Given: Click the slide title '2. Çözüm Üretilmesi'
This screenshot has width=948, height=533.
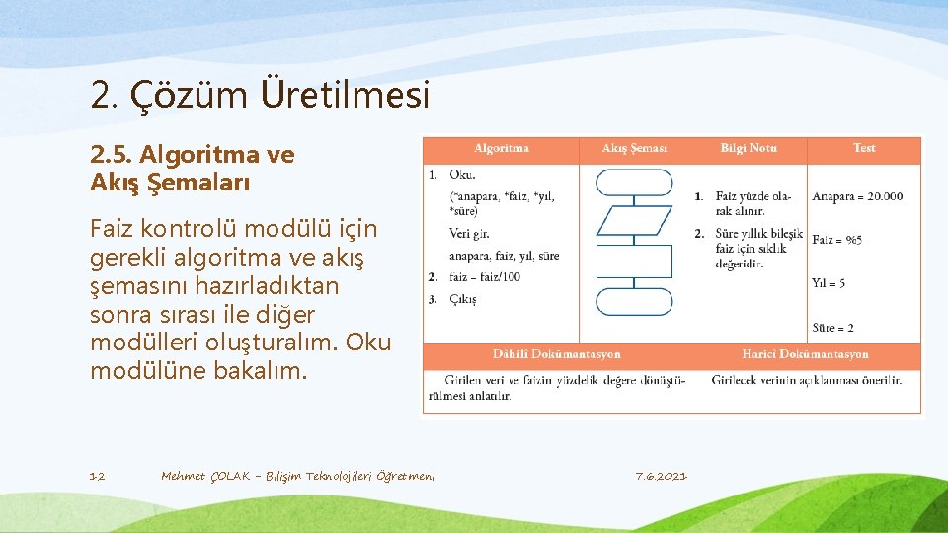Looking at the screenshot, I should click(260, 96).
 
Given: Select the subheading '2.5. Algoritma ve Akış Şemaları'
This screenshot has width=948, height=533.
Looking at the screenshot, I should click(192, 168).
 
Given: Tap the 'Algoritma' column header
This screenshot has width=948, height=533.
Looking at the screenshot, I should click(502, 148).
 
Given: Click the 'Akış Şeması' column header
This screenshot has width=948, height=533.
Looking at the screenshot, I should click(634, 148).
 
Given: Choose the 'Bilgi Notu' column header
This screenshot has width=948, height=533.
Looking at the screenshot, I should click(749, 148).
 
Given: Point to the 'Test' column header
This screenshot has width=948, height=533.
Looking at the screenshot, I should click(864, 148).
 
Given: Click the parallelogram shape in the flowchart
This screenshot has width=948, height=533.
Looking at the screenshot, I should click(634, 220).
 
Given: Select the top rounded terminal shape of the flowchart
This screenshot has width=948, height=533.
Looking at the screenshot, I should click(634, 182).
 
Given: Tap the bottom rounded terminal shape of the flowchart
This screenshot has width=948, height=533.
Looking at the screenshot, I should click(634, 301).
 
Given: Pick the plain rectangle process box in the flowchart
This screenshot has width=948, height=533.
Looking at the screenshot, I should click(634, 261).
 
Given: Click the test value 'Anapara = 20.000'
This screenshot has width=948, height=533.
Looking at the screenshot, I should click(857, 196).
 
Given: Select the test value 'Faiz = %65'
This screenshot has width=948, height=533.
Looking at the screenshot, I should click(836, 240).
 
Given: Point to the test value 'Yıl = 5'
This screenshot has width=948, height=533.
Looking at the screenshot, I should click(829, 283).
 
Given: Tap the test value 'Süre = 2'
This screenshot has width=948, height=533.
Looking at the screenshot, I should click(832, 327).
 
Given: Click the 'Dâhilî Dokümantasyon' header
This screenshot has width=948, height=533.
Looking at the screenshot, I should click(557, 354).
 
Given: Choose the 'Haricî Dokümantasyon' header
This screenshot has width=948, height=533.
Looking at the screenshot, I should click(805, 354).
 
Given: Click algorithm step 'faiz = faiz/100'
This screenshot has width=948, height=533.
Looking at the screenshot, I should click(484, 277).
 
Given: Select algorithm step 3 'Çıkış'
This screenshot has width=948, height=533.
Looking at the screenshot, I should click(462, 299).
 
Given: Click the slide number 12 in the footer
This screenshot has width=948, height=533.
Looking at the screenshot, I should click(97, 477).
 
